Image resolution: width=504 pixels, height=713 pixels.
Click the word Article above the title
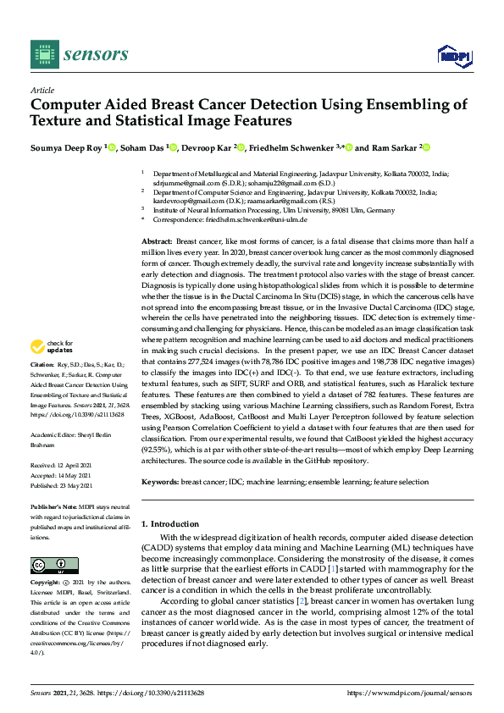coord(42,89)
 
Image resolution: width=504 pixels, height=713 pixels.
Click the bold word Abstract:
coord(158,242)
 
